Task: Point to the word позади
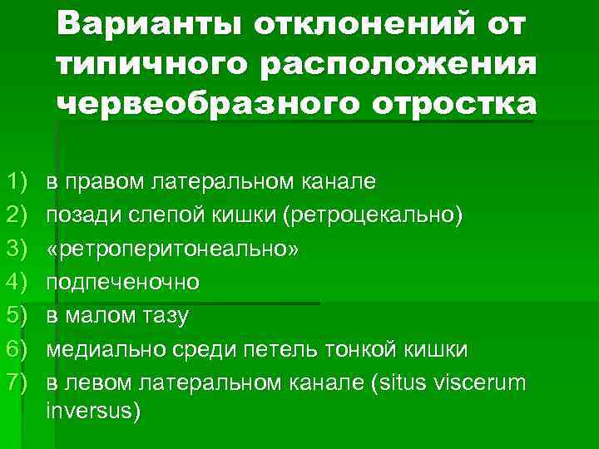[x=79, y=215]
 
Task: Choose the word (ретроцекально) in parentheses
[x=372, y=215]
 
